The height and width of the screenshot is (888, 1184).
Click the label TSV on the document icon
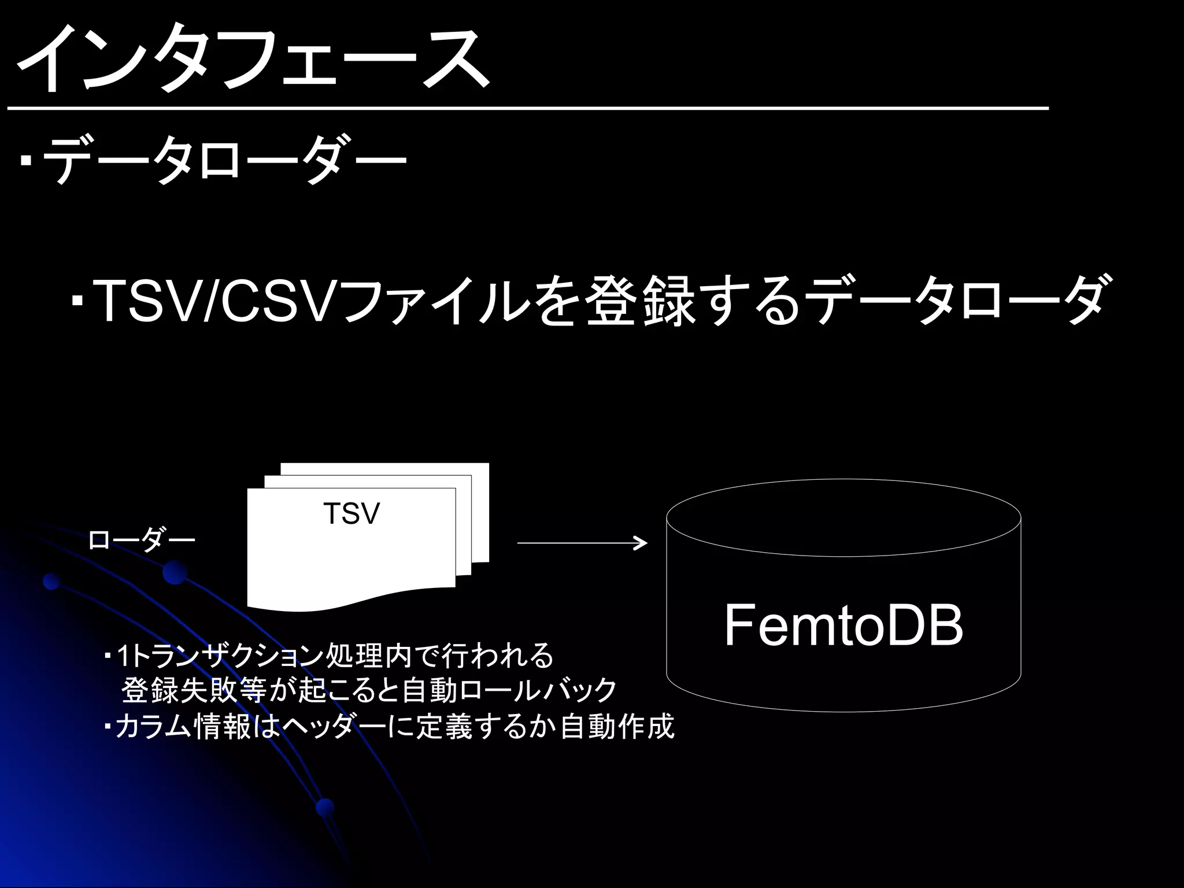[351, 513]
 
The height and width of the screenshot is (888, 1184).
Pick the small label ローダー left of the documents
[142, 541]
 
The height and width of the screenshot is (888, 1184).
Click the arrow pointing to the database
[582, 543]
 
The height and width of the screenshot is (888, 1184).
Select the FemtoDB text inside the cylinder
[843, 626]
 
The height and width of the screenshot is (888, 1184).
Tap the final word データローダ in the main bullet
[957, 301]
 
